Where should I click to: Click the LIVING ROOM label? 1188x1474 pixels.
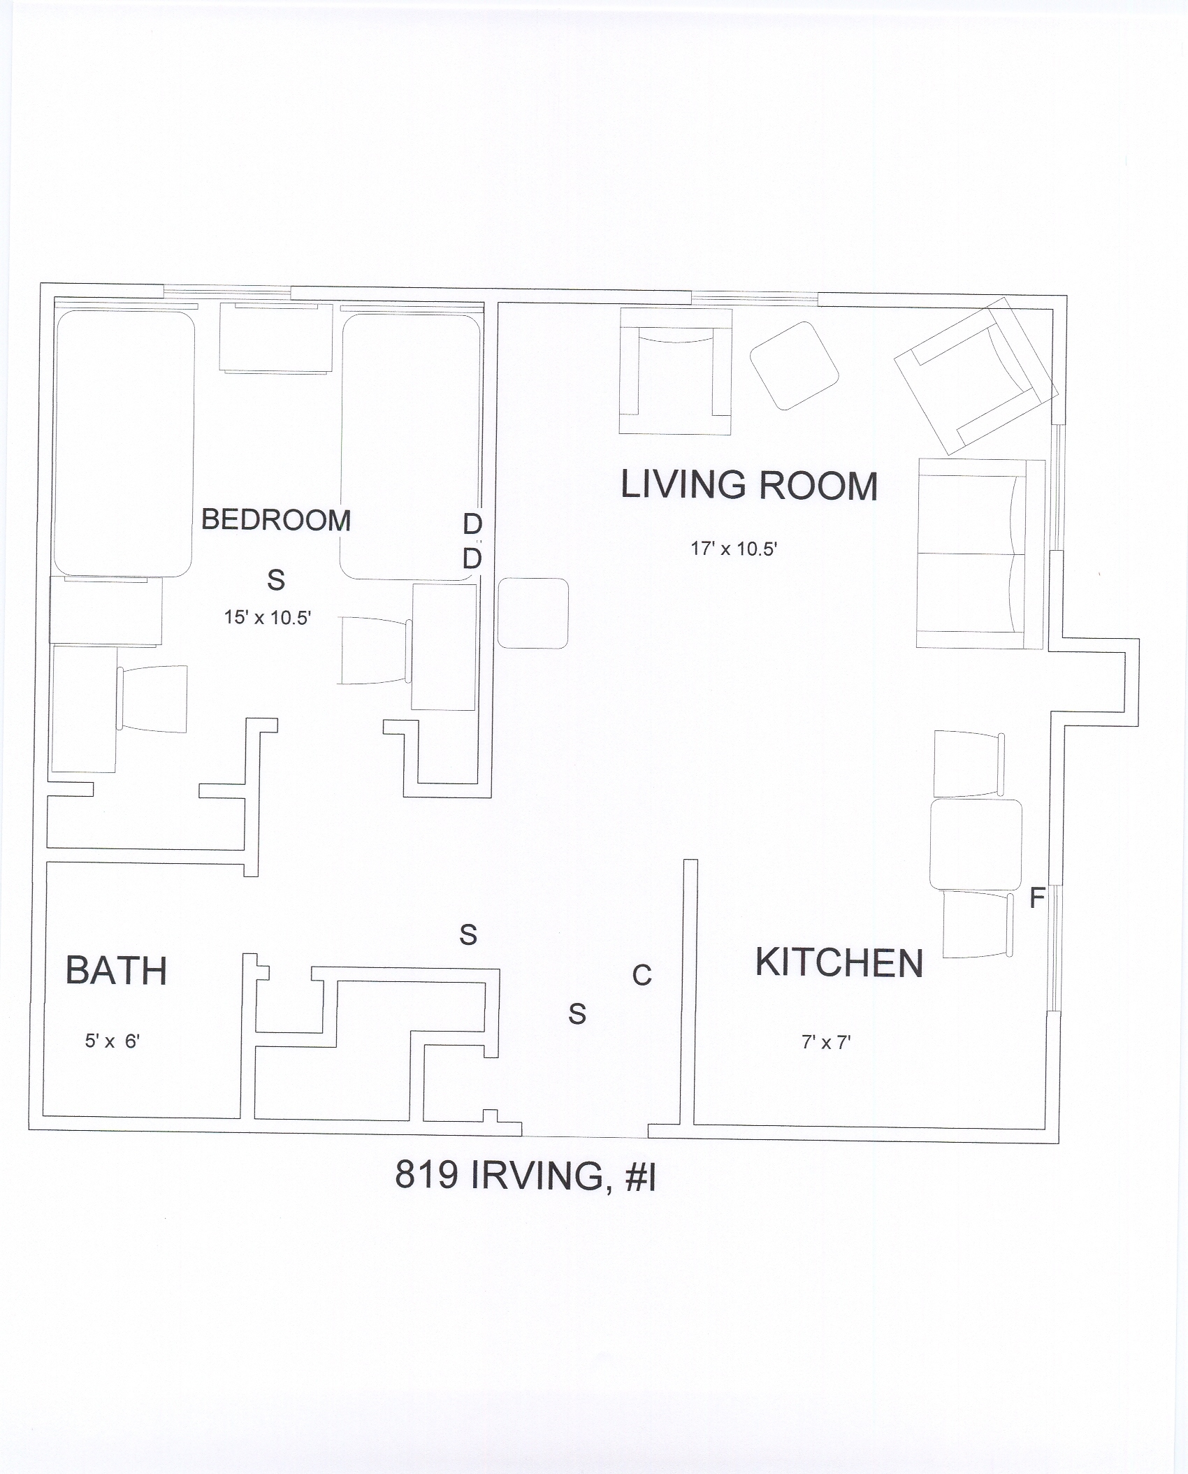(749, 485)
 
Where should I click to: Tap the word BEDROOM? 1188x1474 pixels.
(276, 520)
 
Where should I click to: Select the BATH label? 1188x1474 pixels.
(116, 970)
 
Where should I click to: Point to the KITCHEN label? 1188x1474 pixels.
(839, 962)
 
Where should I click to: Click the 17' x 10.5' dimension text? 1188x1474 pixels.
(734, 549)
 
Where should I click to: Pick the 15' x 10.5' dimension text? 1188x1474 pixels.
(267, 617)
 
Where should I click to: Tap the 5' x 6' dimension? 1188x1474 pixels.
(113, 1041)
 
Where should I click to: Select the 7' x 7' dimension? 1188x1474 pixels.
(825, 1043)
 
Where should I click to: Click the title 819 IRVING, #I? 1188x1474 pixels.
(525, 1175)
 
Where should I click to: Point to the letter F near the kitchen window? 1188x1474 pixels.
(1037, 898)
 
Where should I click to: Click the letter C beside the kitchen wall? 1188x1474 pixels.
(642, 975)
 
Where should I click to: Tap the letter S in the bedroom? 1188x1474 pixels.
(276, 579)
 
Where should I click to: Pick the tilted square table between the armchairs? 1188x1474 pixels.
(794, 366)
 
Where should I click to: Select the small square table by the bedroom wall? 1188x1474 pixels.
(533, 613)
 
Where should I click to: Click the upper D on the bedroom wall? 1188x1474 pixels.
(472, 524)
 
